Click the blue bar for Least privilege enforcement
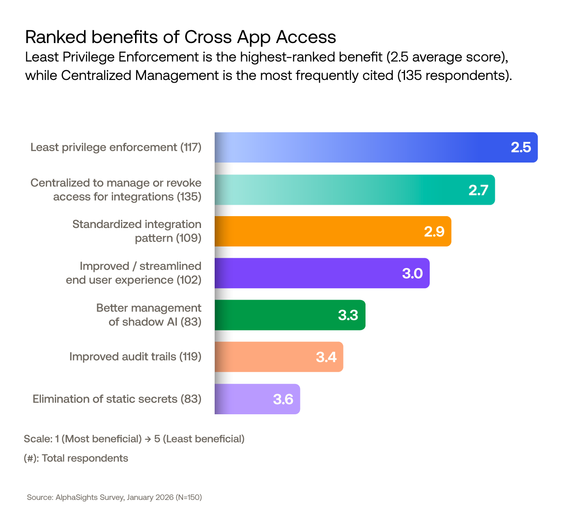coord(361,148)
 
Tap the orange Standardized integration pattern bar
coord(317,232)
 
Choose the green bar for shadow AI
coord(273,315)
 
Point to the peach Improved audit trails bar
coord(264,357)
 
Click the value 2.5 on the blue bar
coord(521,148)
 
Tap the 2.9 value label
coord(434,232)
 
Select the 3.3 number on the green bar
coord(348,315)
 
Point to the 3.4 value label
coord(326,357)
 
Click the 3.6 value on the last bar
coord(283,399)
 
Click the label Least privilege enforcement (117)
coord(116,147)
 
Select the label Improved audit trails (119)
coord(135,356)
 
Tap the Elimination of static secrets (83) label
coord(117,399)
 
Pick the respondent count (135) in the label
coord(189,197)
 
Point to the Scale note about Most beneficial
coord(134,439)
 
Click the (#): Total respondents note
coord(76,458)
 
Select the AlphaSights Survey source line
coord(114,497)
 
